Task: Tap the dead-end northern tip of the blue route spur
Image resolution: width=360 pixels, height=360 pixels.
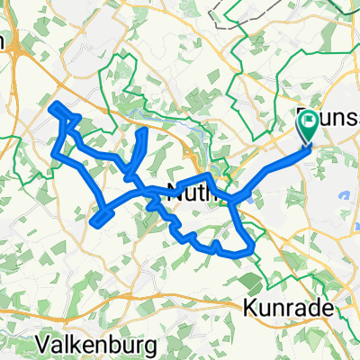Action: coord(144,131)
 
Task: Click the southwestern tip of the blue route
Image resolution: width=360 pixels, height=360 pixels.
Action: coord(94,217)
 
